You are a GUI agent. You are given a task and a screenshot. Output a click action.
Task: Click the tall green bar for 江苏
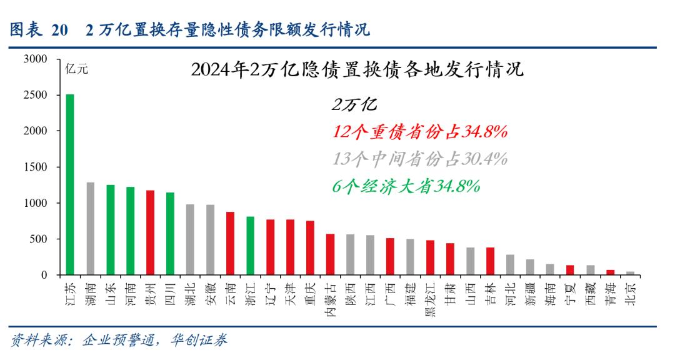click(x=70, y=184)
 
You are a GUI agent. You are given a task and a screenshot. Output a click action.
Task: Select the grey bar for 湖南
click(x=90, y=229)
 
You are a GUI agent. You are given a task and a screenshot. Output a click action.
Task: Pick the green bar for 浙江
click(x=250, y=246)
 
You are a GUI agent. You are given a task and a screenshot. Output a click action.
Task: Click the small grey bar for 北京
click(x=630, y=273)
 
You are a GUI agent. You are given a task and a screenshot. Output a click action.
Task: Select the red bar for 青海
click(x=610, y=272)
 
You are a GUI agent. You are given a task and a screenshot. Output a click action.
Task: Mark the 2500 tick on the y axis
click(x=36, y=95)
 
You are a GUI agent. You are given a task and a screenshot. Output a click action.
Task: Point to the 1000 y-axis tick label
click(x=36, y=203)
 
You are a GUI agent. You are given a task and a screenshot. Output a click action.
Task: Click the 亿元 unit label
click(x=77, y=70)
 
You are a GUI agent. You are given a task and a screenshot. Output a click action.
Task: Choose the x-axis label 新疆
click(x=530, y=294)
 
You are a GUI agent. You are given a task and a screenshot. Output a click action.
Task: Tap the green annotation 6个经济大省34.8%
click(x=406, y=186)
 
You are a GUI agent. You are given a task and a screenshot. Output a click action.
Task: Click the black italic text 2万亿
click(x=354, y=105)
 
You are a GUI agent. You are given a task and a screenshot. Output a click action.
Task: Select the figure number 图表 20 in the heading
click(x=37, y=30)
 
